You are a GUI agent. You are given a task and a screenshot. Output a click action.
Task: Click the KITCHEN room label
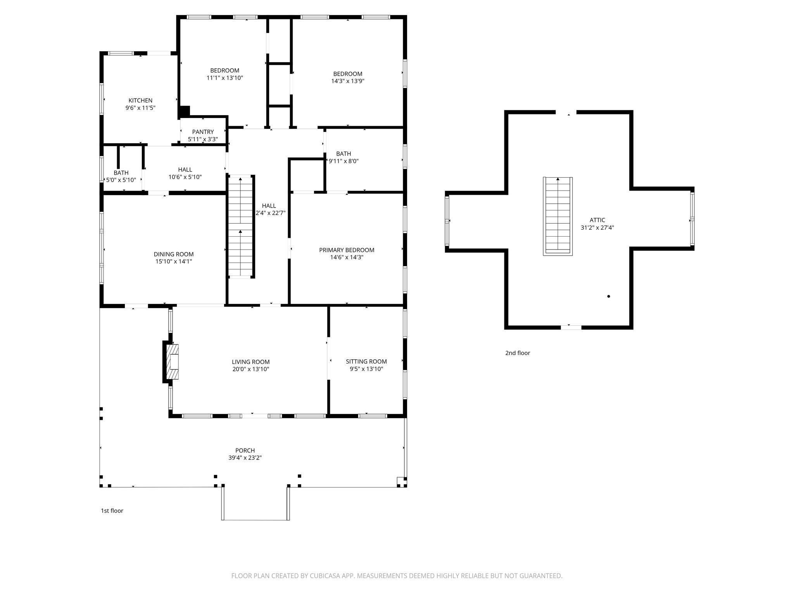pos(140,100)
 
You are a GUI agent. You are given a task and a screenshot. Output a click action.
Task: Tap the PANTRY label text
pos(203,132)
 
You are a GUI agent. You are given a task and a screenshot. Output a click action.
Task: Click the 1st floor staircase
pos(240,227)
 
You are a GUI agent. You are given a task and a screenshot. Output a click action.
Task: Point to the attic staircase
pos(558,216)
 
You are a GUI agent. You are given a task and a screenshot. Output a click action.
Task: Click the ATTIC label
pos(597,220)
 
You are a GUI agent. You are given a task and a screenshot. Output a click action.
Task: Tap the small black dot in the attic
pos(609,296)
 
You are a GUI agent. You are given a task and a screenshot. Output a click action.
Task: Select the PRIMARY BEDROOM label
pos(347,250)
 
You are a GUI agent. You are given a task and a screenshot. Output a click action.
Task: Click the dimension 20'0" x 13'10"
pos(250,369)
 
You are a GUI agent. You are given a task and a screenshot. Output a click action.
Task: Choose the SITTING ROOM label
pos(366,361)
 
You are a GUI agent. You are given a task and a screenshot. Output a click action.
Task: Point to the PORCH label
pos(245,450)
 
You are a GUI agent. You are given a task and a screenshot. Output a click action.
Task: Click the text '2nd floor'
pos(517,353)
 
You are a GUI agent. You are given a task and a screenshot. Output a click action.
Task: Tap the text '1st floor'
pos(112,511)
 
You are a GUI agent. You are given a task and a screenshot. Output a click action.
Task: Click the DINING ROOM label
pos(173,254)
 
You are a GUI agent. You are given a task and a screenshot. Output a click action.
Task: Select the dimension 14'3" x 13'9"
pos(347,81)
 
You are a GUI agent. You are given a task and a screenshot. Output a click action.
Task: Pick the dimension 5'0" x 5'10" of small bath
pos(121,180)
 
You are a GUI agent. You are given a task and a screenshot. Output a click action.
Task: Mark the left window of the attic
pos(447,221)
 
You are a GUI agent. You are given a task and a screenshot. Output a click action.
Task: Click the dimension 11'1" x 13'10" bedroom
pos(224,78)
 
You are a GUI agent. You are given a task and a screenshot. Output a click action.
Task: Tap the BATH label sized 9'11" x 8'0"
pos(343,154)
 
